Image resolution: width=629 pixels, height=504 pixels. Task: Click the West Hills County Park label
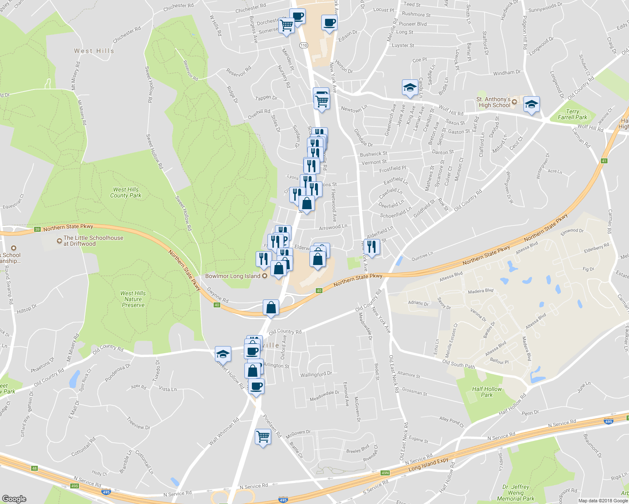pyautogui.click(x=126, y=192)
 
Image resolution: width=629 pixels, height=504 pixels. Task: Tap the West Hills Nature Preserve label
pyautogui.click(x=133, y=299)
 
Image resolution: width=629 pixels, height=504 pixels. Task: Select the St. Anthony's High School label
pyautogui.click(x=494, y=102)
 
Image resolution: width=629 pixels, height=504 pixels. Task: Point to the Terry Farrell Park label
pyautogui.click(x=572, y=114)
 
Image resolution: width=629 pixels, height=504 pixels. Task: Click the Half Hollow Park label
pyautogui.click(x=487, y=392)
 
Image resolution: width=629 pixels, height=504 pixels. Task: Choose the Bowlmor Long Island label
pyautogui.click(x=233, y=276)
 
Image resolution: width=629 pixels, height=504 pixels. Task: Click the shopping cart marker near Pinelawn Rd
pyautogui.click(x=263, y=437)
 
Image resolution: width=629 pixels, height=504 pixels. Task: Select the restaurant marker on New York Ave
pyautogui.click(x=371, y=247)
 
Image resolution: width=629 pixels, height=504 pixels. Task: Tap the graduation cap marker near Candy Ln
pyautogui.click(x=410, y=87)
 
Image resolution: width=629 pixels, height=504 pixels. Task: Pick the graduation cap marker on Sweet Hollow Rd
pyautogui.click(x=223, y=354)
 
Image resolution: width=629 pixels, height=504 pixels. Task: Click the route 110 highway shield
pyautogui.click(x=304, y=45)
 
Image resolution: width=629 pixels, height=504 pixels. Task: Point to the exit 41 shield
pyautogui.click(x=604, y=161)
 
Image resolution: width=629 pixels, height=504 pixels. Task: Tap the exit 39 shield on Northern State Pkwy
pyautogui.click(x=37, y=229)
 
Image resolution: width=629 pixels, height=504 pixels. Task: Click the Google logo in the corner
pyautogui.click(x=14, y=499)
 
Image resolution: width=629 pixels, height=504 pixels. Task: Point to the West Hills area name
pyautogui.click(x=94, y=51)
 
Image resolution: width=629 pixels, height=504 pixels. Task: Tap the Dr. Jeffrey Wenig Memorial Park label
pyautogui.click(x=516, y=493)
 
